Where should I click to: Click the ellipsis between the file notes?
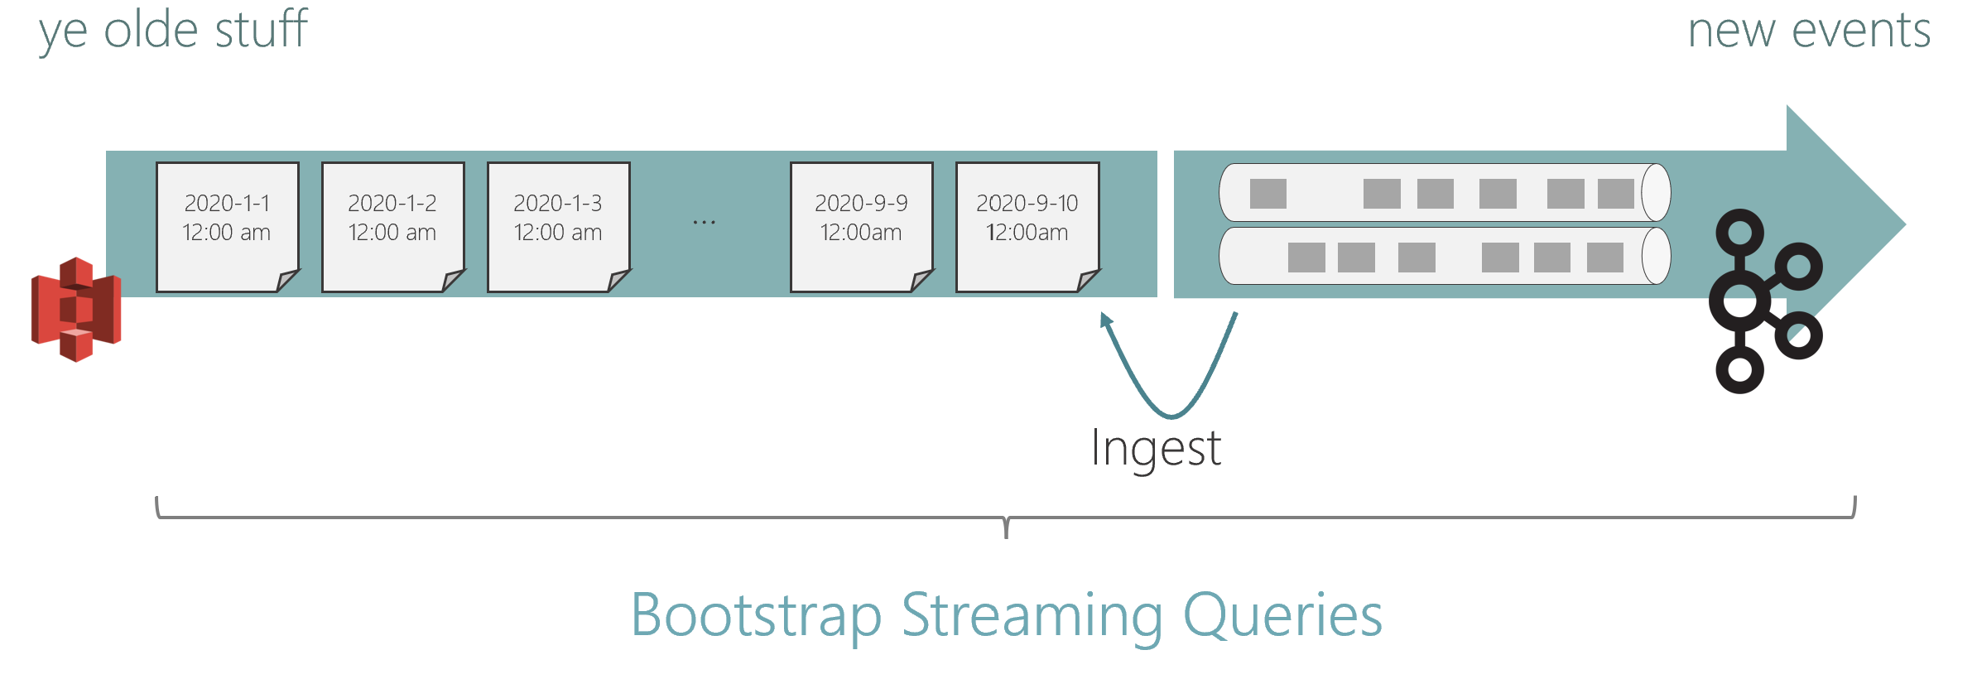click(x=704, y=222)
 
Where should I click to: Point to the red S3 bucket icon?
click(x=76, y=310)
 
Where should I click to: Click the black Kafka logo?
click(x=1763, y=301)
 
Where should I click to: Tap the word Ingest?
click(x=1156, y=449)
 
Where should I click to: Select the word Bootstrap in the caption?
click(x=755, y=616)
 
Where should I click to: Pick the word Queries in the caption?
click(x=1283, y=616)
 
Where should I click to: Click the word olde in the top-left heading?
click(x=151, y=30)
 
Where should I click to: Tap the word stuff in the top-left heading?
click(x=262, y=30)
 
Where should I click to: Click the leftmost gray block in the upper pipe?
click(x=1267, y=194)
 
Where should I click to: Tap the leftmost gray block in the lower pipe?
click(x=1306, y=258)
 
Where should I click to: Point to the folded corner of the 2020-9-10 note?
click(x=1087, y=281)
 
